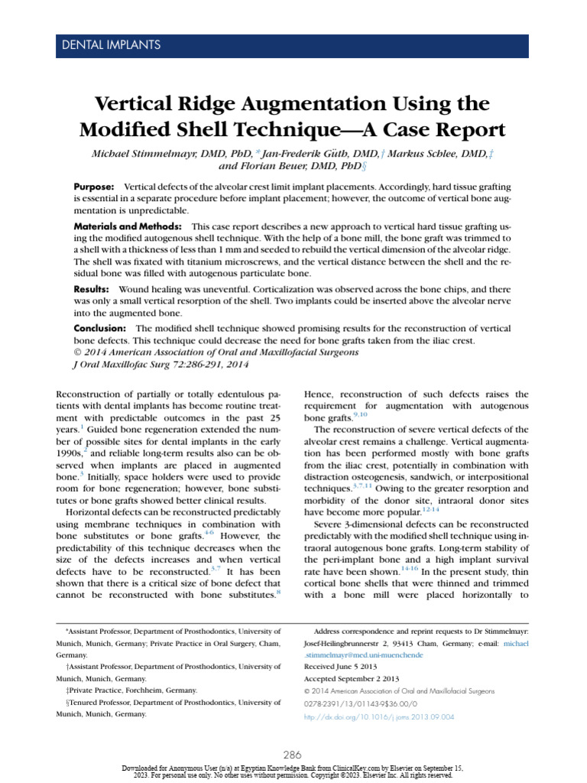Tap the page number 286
pos(293,754)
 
